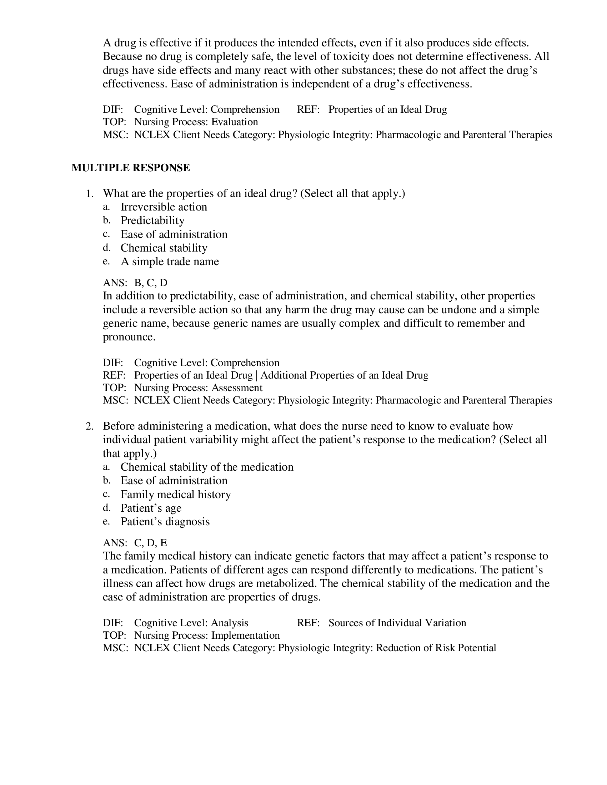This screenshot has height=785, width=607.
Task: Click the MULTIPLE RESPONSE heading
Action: (x=131, y=168)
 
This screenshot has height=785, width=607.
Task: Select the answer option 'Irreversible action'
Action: (x=164, y=207)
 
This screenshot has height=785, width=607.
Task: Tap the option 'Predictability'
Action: (x=152, y=220)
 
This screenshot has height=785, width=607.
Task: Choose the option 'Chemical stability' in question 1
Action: (x=164, y=248)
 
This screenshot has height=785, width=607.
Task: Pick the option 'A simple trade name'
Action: (x=170, y=261)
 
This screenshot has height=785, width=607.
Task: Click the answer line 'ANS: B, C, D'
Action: (x=135, y=283)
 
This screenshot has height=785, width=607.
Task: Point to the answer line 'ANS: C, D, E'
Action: (x=135, y=542)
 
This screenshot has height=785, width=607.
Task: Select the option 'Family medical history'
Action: (x=175, y=494)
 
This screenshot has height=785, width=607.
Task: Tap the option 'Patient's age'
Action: (x=151, y=508)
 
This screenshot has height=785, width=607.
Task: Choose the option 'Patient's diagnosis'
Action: (x=165, y=522)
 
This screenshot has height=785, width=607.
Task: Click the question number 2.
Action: (x=90, y=426)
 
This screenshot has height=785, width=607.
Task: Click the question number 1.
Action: (x=90, y=194)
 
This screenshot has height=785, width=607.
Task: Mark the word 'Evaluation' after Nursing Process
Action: (x=235, y=122)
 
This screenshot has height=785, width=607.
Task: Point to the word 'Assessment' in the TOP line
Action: (x=237, y=388)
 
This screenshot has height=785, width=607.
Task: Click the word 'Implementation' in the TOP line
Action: (x=245, y=635)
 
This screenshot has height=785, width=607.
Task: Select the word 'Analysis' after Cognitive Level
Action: (x=230, y=623)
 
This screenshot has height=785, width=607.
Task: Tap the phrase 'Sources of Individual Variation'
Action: (x=397, y=623)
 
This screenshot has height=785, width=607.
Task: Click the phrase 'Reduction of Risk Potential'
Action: (x=436, y=648)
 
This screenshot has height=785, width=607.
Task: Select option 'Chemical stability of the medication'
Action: (x=207, y=467)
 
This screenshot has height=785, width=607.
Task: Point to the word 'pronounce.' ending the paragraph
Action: (x=129, y=337)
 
